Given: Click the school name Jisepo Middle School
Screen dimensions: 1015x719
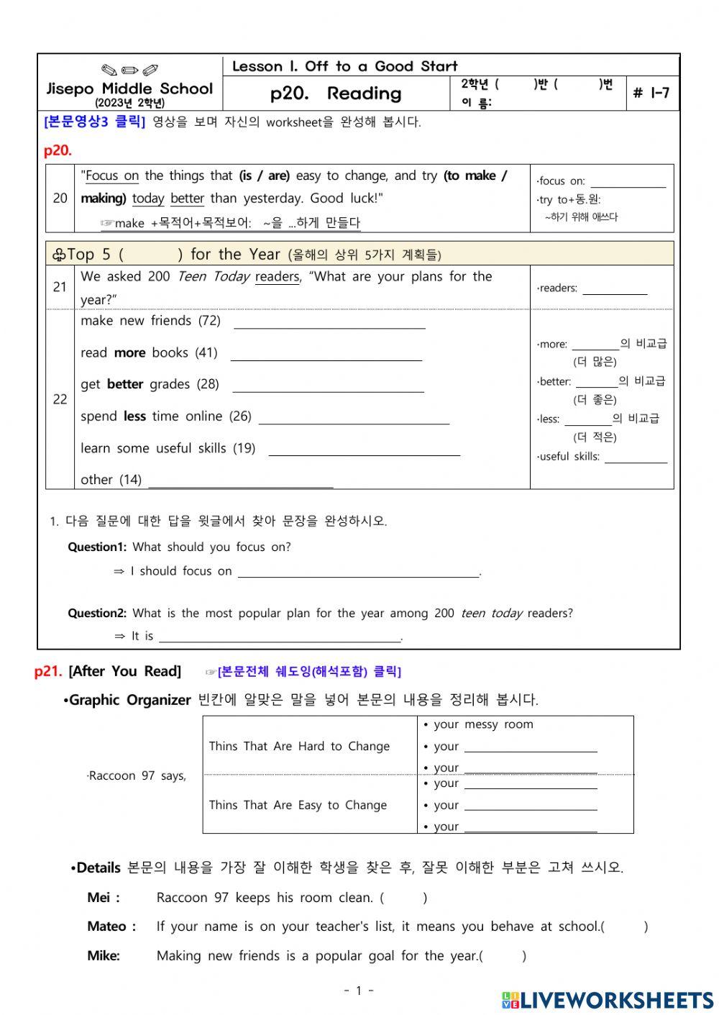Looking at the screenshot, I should (x=130, y=89).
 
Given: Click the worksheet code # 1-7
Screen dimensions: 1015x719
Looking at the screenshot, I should (x=651, y=93).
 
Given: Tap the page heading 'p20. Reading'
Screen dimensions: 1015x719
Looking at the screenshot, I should (x=336, y=94).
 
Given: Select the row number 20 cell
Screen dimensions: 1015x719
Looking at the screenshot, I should (x=60, y=199).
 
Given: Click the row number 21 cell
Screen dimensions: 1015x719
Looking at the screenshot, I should (x=60, y=287).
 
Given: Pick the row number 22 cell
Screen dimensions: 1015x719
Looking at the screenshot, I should (x=60, y=399).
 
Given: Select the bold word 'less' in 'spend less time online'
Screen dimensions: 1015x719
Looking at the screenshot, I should (x=134, y=417).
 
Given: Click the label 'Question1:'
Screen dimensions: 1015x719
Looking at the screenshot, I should (x=97, y=547).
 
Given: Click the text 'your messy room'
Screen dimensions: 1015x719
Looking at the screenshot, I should (x=483, y=725).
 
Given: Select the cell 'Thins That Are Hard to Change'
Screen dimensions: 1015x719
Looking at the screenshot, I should (x=299, y=747).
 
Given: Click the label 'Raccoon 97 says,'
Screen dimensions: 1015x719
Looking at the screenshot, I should (x=137, y=776).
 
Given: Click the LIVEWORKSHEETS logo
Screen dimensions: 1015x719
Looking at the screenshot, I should (x=608, y=1000).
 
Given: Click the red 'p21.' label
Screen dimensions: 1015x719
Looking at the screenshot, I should (x=48, y=672).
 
